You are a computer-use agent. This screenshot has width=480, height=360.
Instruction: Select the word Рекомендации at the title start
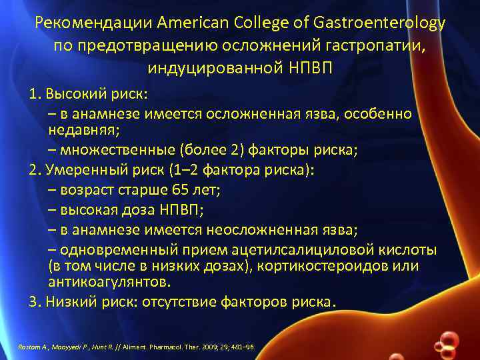click(x=95, y=24)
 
